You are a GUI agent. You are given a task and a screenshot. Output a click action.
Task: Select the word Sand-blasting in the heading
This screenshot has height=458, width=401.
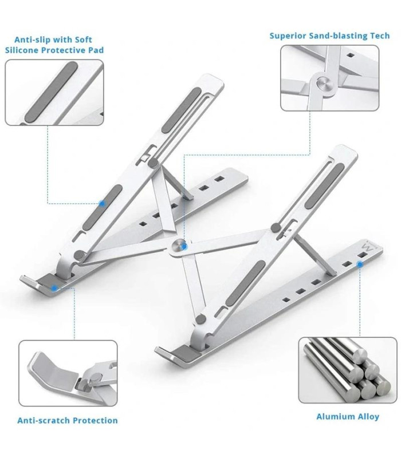pyautogui.click(x=338, y=35)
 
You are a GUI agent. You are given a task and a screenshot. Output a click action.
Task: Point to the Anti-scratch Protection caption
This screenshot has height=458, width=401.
pyautogui.click(x=67, y=420)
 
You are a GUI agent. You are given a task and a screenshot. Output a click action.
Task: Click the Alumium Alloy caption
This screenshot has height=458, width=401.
pyautogui.click(x=347, y=416)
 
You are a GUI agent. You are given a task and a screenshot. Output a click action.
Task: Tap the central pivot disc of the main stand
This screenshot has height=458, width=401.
pyautogui.click(x=179, y=245)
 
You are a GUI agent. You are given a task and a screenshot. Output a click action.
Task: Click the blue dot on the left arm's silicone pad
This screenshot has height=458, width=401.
pyautogui.click(x=102, y=203)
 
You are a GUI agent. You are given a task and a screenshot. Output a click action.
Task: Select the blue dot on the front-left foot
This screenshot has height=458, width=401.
pyautogui.click(x=53, y=289)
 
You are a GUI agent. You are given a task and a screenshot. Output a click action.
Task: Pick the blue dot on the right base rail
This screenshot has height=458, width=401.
pyautogui.click(x=360, y=264)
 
